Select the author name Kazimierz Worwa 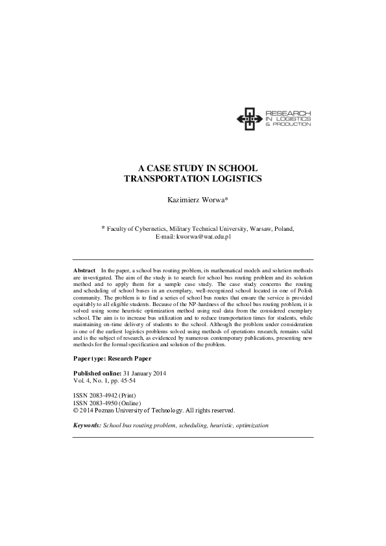click(x=193, y=200)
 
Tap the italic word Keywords click(x=87, y=426)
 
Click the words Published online click(x=98, y=374)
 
